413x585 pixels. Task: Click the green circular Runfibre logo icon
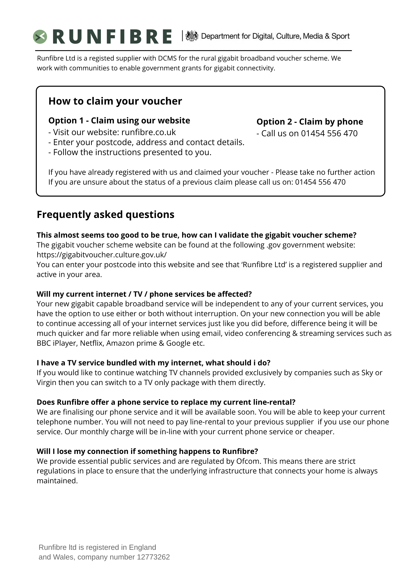(40, 37)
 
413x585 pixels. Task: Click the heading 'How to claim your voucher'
(115, 101)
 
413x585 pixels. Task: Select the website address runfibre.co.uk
(149, 132)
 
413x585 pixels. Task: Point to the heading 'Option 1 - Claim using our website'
(119, 121)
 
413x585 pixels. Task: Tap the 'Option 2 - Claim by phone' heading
(310, 122)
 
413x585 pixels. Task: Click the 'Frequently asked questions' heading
(106, 214)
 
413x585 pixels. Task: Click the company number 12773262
(153, 557)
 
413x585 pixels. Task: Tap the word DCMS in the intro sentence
(167, 58)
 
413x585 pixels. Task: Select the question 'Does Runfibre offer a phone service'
(166, 402)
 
